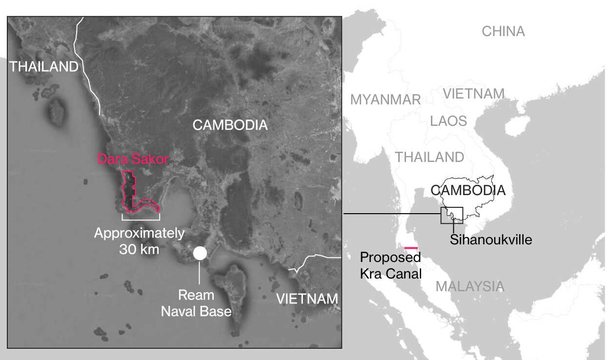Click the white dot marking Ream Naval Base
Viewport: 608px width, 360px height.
(200, 253)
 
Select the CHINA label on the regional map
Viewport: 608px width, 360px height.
(503, 32)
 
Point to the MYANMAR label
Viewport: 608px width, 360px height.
(385, 100)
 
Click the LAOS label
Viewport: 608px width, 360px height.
(448, 121)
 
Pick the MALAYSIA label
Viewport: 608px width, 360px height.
(469, 286)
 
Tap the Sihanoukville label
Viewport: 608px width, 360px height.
(491, 240)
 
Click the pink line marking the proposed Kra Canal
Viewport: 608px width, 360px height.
(411, 248)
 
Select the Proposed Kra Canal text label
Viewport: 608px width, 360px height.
(390, 265)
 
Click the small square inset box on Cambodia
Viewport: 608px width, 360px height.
(451, 215)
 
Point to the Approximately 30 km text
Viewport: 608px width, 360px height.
(140, 240)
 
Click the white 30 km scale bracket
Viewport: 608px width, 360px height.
(141, 216)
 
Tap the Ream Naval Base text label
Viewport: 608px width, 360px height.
(196, 303)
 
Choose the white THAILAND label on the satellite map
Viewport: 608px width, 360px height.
(44, 67)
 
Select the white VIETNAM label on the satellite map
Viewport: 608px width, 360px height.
(307, 299)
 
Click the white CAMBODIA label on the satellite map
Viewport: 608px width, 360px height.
(230, 125)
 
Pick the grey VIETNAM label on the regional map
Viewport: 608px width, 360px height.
(473, 94)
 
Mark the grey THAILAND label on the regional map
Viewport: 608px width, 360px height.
(429, 157)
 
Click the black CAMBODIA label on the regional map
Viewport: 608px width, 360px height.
(468, 190)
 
